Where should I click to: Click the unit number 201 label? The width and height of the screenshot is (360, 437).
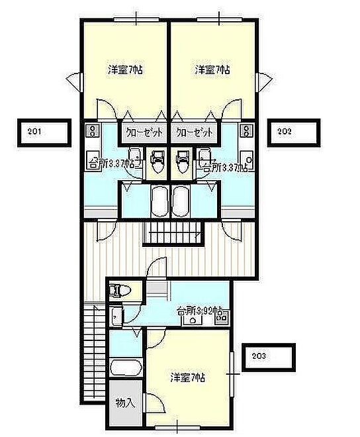pyautogui.click(x=34, y=131)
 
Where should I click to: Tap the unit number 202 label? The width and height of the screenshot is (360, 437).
pyautogui.click(x=284, y=131)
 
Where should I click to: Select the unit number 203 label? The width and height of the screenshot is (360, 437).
pyautogui.click(x=259, y=356)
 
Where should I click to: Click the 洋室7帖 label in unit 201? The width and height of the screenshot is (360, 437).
pyautogui.click(x=125, y=70)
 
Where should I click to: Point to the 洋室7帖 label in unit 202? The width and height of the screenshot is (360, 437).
pyautogui.click(x=212, y=70)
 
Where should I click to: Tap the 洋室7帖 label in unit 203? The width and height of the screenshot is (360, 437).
pyautogui.click(x=188, y=377)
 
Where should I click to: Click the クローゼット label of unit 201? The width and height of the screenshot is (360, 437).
pyautogui.click(x=144, y=132)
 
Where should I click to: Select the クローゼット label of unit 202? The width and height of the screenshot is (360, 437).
pyautogui.click(x=195, y=132)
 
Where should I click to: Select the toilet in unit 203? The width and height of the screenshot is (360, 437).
pyautogui.click(x=121, y=291)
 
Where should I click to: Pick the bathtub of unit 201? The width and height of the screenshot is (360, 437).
pyautogui.click(x=159, y=201)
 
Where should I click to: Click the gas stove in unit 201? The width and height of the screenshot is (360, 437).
pyautogui.click(x=92, y=130)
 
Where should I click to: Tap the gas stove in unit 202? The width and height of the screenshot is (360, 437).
pyautogui.click(x=247, y=130)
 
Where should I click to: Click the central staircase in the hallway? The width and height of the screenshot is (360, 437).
pyautogui.click(x=173, y=233)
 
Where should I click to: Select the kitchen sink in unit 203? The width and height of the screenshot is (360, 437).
pyautogui.click(x=193, y=320)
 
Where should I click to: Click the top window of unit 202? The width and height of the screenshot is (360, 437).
pyautogui.click(x=219, y=19)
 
